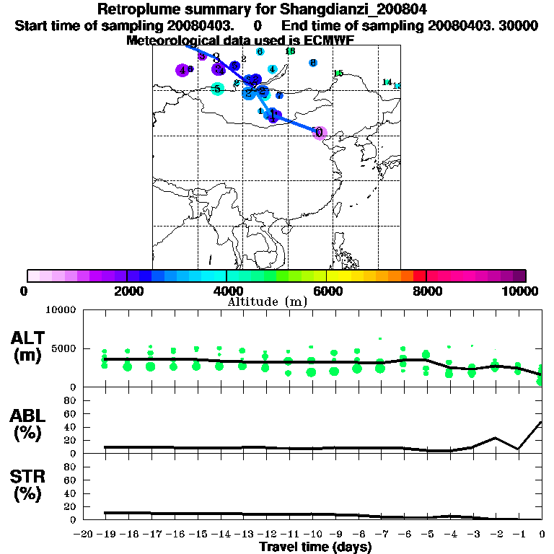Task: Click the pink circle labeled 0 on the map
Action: [x=320, y=132]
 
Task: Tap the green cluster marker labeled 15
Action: [x=338, y=73]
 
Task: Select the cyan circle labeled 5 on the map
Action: [x=216, y=89]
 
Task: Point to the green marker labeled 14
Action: [x=387, y=82]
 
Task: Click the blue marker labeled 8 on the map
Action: [x=313, y=63]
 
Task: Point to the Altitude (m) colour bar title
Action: [x=267, y=301]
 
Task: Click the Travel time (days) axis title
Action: [x=315, y=547]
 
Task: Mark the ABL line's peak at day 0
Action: [x=542, y=421]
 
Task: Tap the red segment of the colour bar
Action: [x=419, y=276]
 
